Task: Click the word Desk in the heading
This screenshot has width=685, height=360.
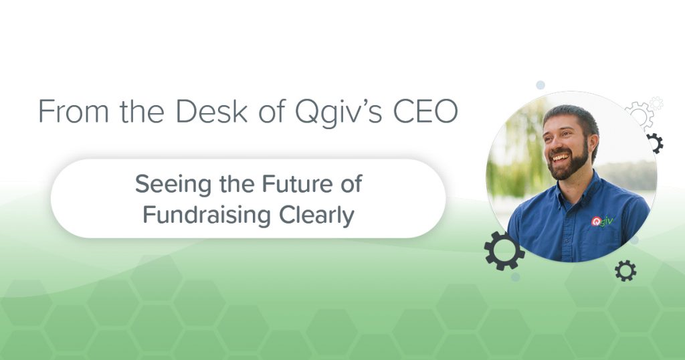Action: pos(212,111)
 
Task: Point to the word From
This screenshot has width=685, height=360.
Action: pos(74,111)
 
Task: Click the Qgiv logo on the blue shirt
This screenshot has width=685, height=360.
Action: pos(602,221)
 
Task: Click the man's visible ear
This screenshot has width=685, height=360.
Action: pos(593,143)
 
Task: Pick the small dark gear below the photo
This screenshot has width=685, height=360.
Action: pos(625,271)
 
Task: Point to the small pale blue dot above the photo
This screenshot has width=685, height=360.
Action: pos(541,85)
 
